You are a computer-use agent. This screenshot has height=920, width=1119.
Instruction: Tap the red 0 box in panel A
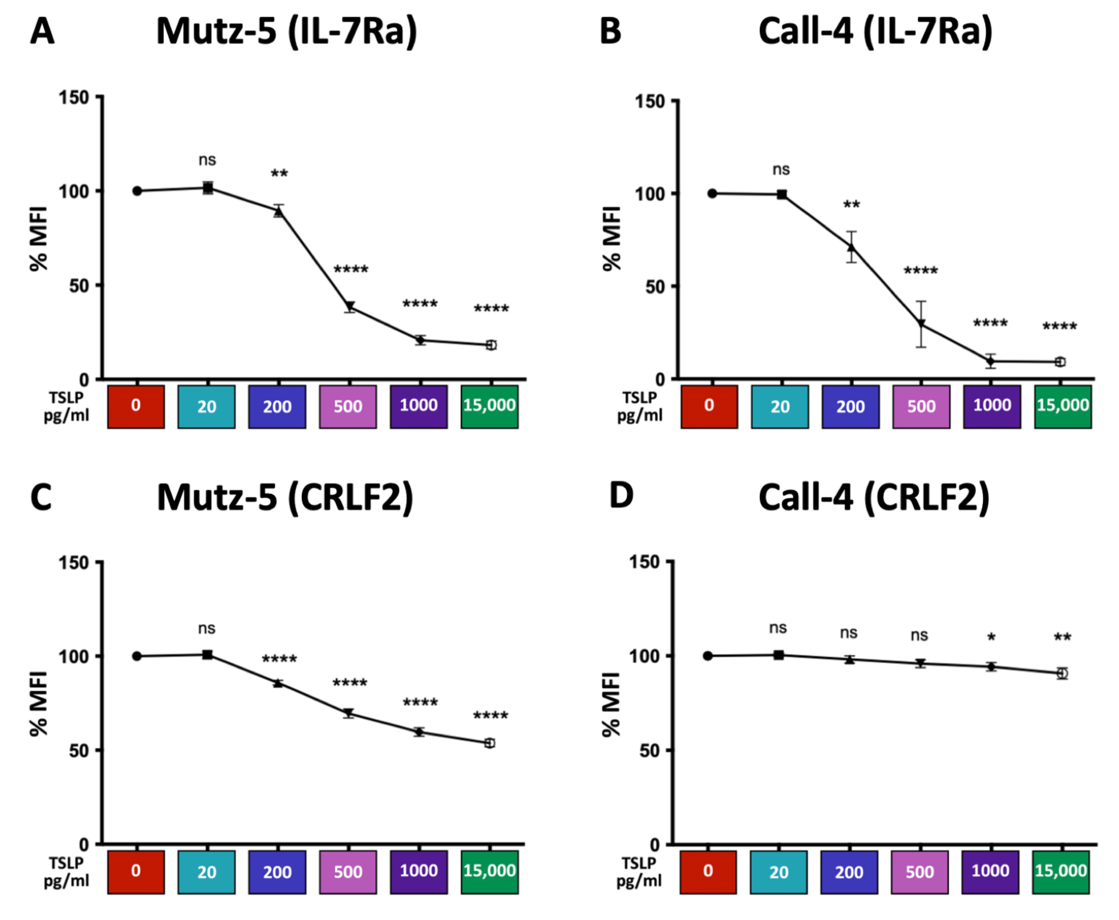pos(136,407)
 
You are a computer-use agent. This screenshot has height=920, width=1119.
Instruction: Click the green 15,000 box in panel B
pos(1062,407)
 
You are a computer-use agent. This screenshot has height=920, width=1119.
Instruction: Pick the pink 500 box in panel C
pos(348,872)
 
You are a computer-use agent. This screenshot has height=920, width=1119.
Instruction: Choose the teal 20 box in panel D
pos(778,872)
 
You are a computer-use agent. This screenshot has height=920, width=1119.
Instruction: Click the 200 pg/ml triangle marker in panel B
pos(851,247)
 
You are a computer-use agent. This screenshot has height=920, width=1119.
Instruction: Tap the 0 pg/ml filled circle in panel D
pos(708,656)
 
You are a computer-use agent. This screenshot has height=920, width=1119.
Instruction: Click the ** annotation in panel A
pos(279,174)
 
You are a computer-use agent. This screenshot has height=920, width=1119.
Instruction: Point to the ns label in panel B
pos(781,170)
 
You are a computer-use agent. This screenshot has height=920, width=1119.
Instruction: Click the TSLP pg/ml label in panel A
pos(66,407)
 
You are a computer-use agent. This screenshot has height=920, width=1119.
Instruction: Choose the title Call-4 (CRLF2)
pos(874,498)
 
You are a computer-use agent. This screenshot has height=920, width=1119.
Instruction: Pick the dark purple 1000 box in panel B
pos(992,407)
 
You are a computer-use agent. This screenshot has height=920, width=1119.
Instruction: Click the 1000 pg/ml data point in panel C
pos(419,732)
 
